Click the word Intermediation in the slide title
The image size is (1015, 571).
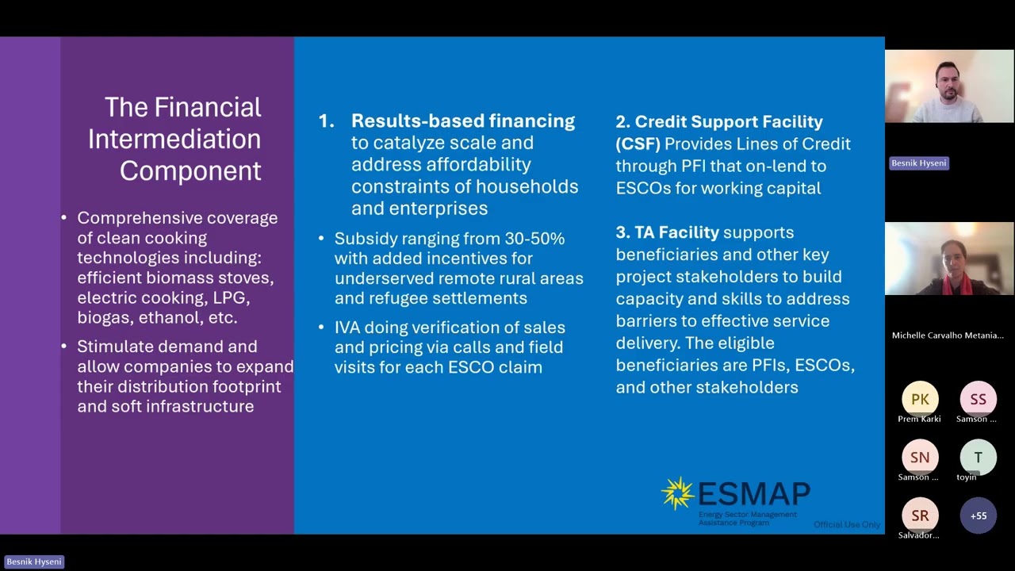(174, 140)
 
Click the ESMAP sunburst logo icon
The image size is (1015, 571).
(678, 492)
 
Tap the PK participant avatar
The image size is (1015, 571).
(920, 399)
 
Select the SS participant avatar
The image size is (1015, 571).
(978, 399)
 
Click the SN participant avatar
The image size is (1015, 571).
(920, 457)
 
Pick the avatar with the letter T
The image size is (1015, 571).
(978, 457)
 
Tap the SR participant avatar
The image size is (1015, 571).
(920, 515)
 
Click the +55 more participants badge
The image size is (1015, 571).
(978, 515)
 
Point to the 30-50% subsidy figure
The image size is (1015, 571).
(534, 239)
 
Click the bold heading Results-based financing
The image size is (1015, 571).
(463, 121)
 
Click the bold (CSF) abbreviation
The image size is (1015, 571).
(638, 144)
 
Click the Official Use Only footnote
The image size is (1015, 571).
(846, 524)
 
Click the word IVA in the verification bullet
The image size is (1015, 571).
(349, 328)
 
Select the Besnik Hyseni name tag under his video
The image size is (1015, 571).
(918, 163)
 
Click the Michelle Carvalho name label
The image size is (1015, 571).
(948, 335)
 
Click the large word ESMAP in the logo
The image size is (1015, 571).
(753, 493)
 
